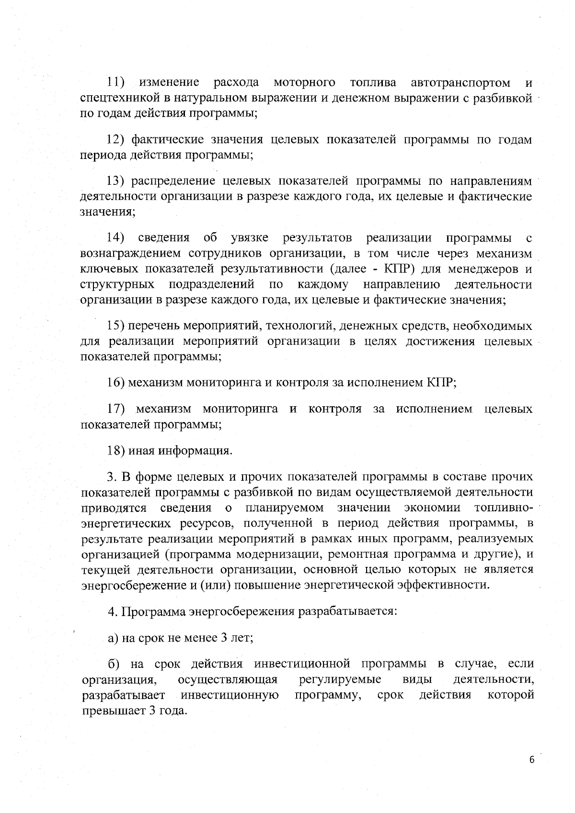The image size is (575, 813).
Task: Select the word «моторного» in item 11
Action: pos(304,83)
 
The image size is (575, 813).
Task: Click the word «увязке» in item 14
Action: pos(249,237)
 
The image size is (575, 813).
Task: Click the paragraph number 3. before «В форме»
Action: pos(111,477)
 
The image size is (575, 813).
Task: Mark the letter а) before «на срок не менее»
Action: pos(113,638)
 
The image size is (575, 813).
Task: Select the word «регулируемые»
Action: pos(340,679)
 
